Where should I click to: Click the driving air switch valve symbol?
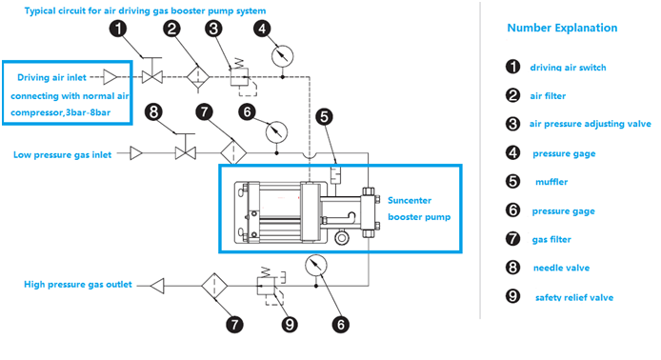tap(151, 77)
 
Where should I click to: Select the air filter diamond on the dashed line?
tap(198, 77)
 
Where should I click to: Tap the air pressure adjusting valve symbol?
tap(240, 77)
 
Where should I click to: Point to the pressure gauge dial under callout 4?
tap(282, 56)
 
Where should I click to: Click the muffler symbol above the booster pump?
tap(335, 175)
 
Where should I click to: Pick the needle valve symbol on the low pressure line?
tap(186, 152)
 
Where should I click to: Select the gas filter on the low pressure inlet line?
tap(233, 152)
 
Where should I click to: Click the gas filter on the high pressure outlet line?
tap(214, 286)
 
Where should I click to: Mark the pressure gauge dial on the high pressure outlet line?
tap(316, 265)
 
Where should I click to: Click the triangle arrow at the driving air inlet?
tap(110, 77)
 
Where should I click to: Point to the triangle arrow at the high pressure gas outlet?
tap(157, 286)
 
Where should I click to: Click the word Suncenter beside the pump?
tap(410, 200)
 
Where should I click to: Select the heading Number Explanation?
tap(562, 28)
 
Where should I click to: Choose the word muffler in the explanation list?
tap(551, 182)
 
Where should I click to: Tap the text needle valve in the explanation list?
tap(561, 268)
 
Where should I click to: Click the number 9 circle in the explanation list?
tap(512, 296)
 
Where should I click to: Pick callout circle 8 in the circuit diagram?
tap(153, 112)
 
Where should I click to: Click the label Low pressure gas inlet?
tap(63, 155)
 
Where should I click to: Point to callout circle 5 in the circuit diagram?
tap(324, 117)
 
